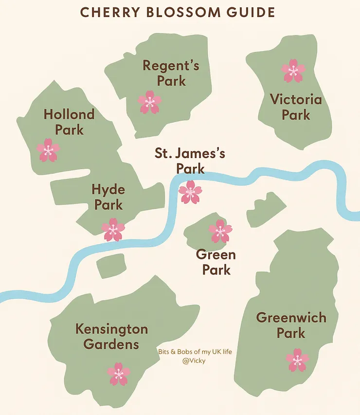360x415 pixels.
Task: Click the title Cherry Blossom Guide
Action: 177,12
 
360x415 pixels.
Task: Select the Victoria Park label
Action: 296,107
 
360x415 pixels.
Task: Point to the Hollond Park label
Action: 69,122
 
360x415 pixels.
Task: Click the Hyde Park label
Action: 108,197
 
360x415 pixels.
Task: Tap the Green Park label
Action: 216,262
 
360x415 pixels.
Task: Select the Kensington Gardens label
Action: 111,337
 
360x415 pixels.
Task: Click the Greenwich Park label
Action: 291,325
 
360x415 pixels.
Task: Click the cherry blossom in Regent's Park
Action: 149,102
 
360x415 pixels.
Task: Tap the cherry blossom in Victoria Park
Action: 293,71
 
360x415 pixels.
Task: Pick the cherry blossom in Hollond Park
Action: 48,150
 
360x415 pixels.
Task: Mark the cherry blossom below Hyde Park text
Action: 113,230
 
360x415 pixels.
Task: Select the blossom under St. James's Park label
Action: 190,192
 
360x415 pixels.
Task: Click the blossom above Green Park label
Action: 220,232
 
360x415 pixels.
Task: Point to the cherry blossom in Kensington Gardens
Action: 118,374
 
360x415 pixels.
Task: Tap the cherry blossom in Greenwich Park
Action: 297,360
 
